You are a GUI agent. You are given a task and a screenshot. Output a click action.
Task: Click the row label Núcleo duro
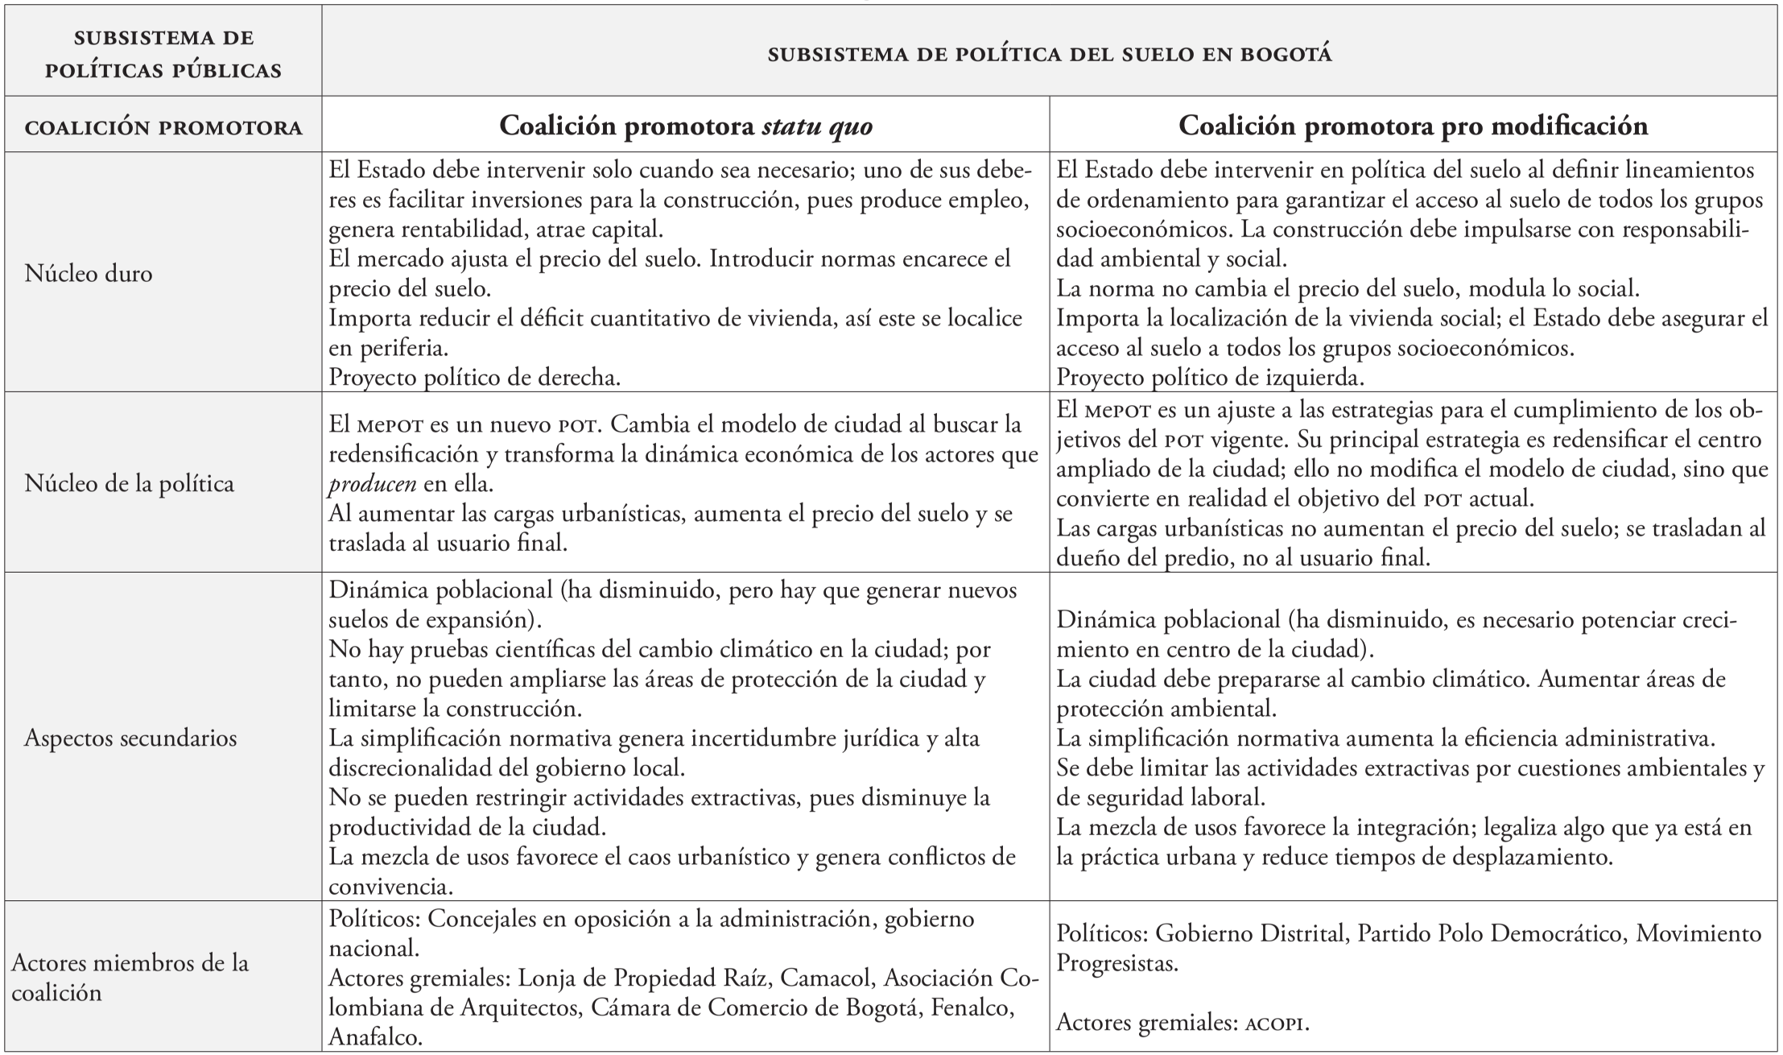point(89,274)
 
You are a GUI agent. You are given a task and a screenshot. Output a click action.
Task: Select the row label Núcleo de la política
point(129,483)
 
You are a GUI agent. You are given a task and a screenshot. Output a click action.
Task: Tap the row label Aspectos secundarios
point(130,738)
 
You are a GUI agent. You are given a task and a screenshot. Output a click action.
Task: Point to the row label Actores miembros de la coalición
point(129,978)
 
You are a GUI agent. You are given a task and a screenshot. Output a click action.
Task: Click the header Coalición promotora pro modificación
point(1413,126)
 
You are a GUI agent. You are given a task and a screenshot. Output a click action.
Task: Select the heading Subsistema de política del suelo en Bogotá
point(1050,55)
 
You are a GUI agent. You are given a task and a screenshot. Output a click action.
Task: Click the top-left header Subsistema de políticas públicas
point(163,55)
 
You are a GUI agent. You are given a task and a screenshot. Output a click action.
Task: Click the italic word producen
point(373,484)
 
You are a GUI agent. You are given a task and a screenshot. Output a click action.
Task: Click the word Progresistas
point(1116,963)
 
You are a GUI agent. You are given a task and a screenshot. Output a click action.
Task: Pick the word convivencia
point(390,887)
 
